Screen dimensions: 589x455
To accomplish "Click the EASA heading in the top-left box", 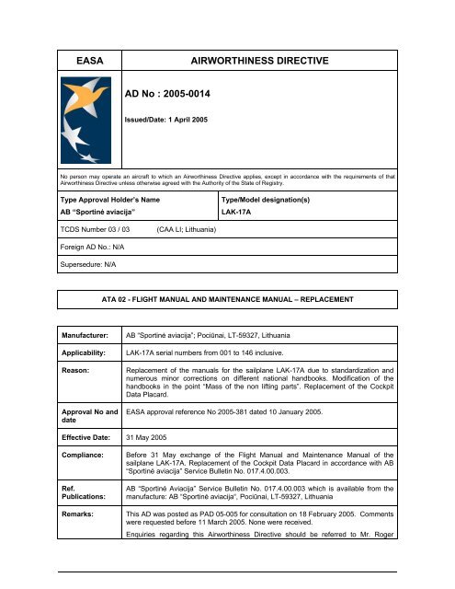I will click(x=86, y=62).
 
